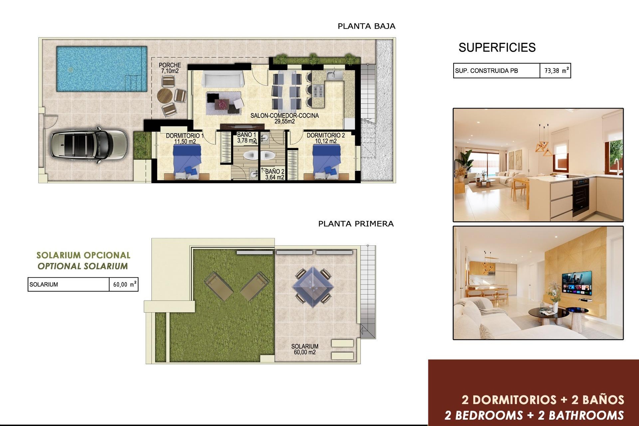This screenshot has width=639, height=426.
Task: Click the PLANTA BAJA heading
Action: [366, 26]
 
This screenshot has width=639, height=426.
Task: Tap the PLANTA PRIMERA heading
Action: [356, 224]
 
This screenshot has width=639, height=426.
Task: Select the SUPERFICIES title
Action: [497, 48]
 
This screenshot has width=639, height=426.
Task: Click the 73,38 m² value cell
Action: [555, 71]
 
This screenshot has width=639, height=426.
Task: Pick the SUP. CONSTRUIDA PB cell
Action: [496, 71]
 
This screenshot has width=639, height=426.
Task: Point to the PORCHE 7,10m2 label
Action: [170, 68]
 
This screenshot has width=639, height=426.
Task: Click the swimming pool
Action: [102, 69]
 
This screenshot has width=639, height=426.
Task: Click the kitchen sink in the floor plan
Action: [334, 75]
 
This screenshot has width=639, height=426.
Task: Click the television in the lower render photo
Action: [577, 283]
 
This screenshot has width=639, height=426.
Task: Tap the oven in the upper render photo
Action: [581, 196]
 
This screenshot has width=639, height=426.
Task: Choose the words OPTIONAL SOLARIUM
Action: [83, 266]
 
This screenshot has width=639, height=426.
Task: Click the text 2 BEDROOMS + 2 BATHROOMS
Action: [534, 415]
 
